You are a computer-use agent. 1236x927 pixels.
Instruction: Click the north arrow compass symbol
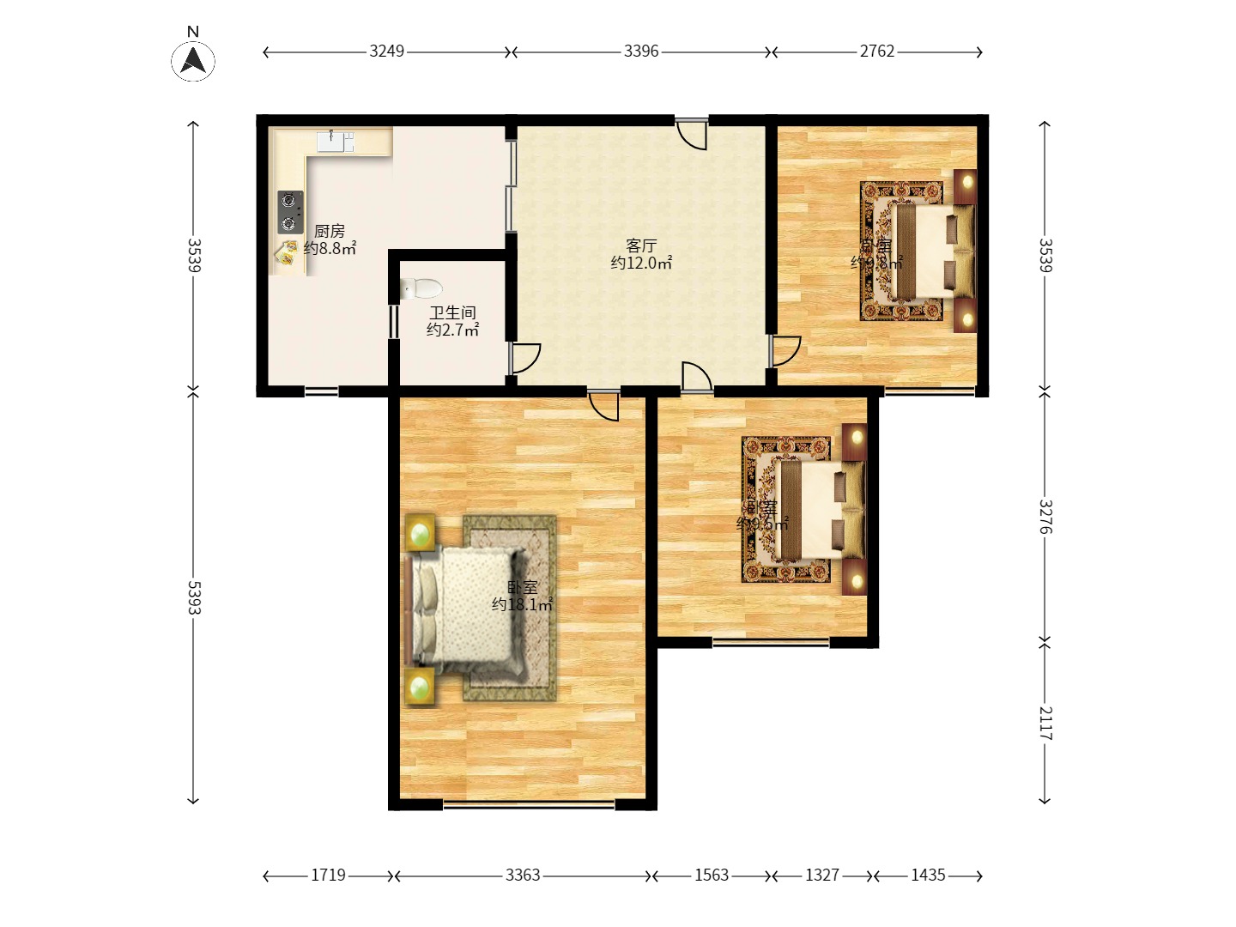[193, 60]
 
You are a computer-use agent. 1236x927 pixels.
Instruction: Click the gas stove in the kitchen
[290, 212]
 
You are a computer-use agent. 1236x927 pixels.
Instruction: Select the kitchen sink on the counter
[335, 142]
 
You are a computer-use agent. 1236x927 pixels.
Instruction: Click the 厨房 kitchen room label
[330, 231]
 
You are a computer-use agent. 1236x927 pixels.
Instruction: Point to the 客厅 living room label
[641, 246]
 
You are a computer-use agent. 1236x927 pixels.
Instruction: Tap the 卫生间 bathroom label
[452, 312]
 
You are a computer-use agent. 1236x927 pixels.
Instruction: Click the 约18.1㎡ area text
[522, 604]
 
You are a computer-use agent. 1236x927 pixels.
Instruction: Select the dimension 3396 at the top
[641, 51]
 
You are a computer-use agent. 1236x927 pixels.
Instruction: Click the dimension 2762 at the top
[877, 51]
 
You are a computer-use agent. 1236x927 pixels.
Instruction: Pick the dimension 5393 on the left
[194, 597]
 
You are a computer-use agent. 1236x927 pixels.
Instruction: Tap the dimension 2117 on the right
[1045, 723]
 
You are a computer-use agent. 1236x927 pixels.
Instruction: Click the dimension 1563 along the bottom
[712, 875]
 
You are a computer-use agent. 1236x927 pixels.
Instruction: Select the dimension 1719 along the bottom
[328, 875]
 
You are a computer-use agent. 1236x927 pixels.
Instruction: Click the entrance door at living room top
[692, 134]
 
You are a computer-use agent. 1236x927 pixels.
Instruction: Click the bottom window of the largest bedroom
[529, 804]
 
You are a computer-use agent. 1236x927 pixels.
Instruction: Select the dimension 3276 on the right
[1045, 517]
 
